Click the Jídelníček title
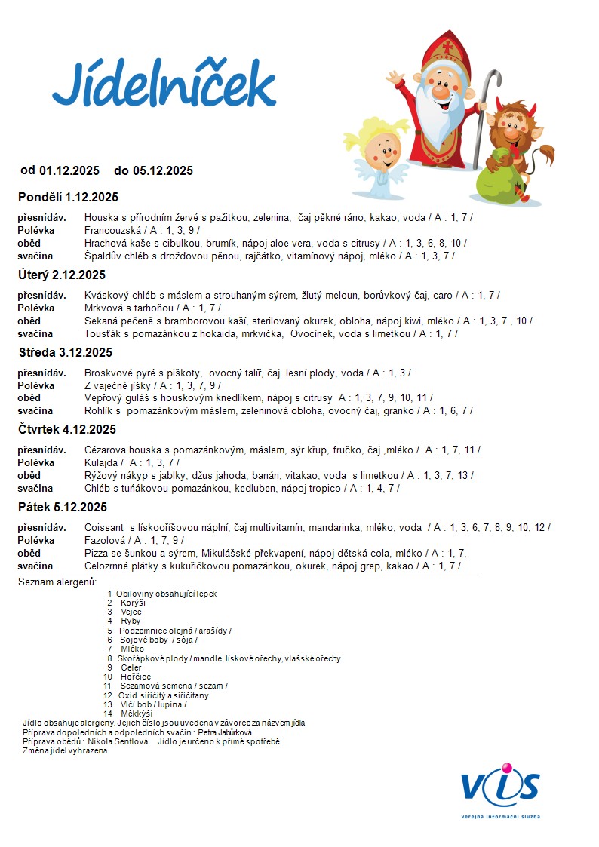(x=164, y=84)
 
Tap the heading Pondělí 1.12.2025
(x=68, y=198)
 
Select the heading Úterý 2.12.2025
(x=62, y=275)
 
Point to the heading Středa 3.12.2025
(x=65, y=352)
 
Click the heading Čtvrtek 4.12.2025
(x=67, y=430)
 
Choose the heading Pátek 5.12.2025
(x=62, y=507)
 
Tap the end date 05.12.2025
(x=162, y=171)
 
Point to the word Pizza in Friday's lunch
(x=97, y=553)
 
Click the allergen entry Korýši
(x=133, y=603)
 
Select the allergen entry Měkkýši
(x=137, y=714)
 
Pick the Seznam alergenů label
(x=58, y=582)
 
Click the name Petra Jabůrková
(x=225, y=732)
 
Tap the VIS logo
(x=501, y=788)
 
